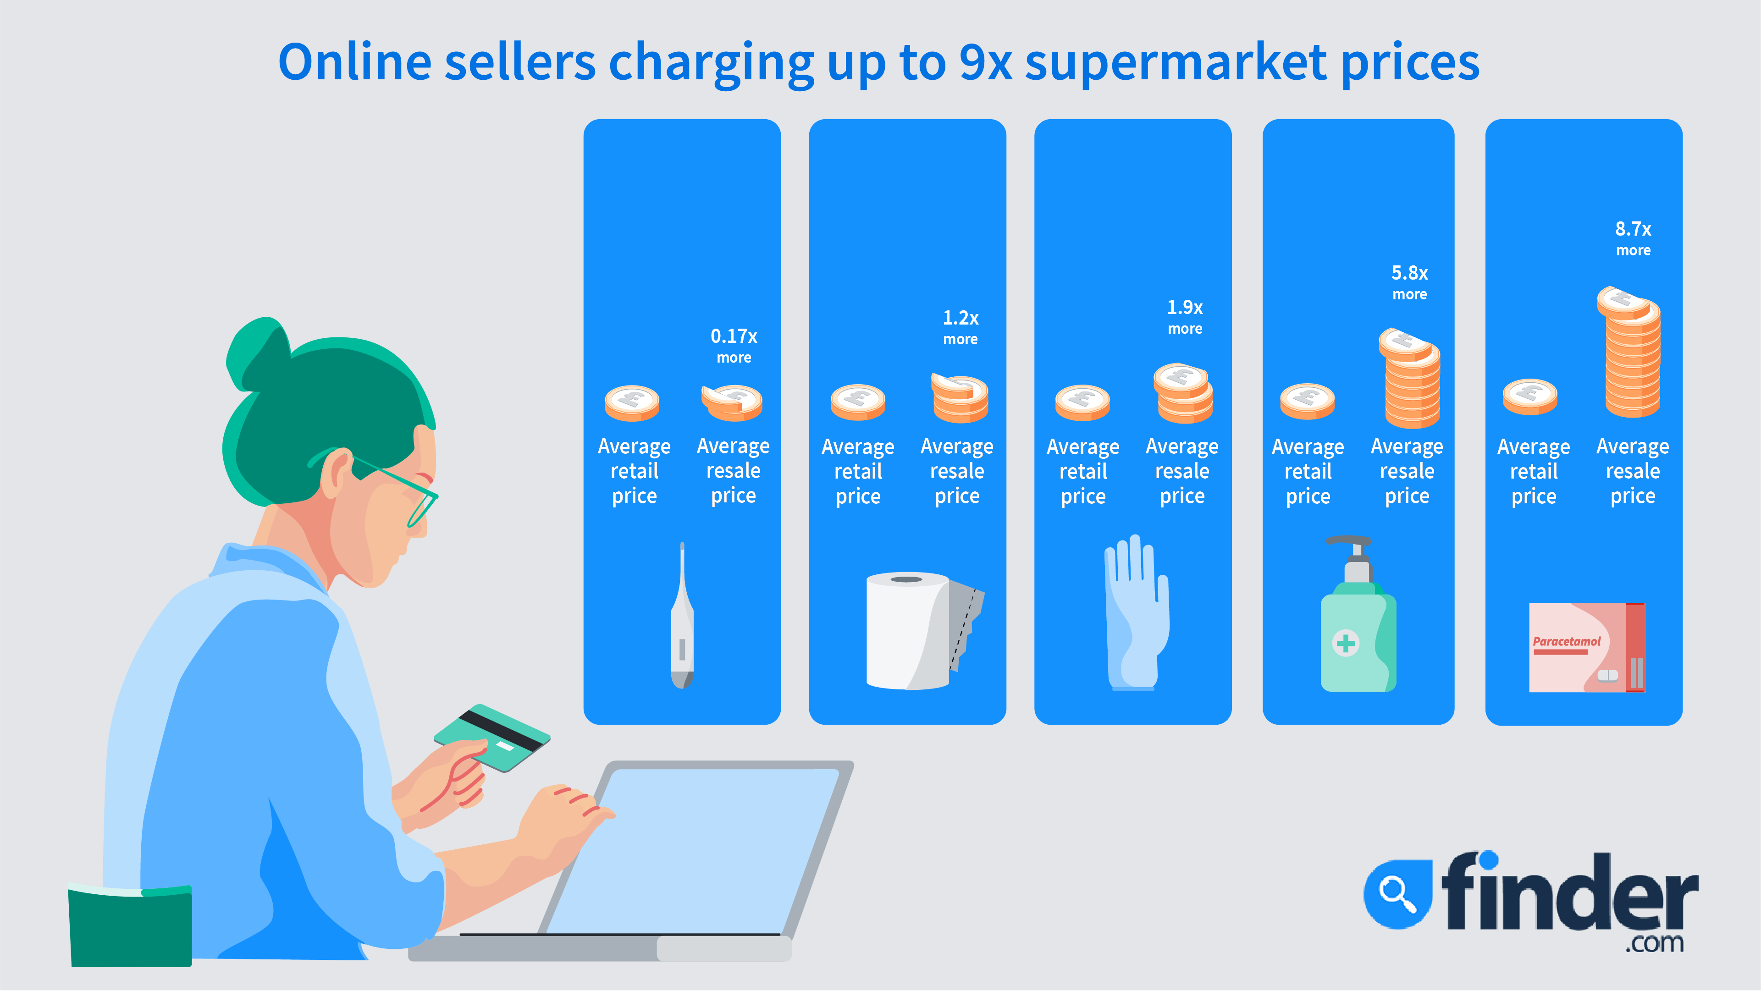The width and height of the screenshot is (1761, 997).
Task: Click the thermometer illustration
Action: pyautogui.click(x=682, y=616)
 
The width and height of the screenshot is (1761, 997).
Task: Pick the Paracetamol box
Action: pyautogui.click(x=1586, y=647)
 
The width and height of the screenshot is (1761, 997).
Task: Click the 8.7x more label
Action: pyautogui.click(x=1633, y=238)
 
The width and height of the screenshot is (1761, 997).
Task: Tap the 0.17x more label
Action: pyautogui.click(x=734, y=346)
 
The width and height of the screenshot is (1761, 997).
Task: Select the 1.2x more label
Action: pyautogui.click(x=961, y=327)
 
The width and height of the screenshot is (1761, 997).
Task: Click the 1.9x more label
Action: pyautogui.click(x=1185, y=317)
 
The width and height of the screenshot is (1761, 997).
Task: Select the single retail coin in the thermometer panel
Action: pyautogui.click(x=632, y=402)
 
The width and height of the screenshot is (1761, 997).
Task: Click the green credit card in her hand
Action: pyautogui.click(x=491, y=738)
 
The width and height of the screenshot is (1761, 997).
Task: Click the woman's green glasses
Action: pyautogui.click(x=397, y=483)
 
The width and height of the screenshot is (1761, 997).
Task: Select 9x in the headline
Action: pyautogui.click(x=985, y=62)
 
